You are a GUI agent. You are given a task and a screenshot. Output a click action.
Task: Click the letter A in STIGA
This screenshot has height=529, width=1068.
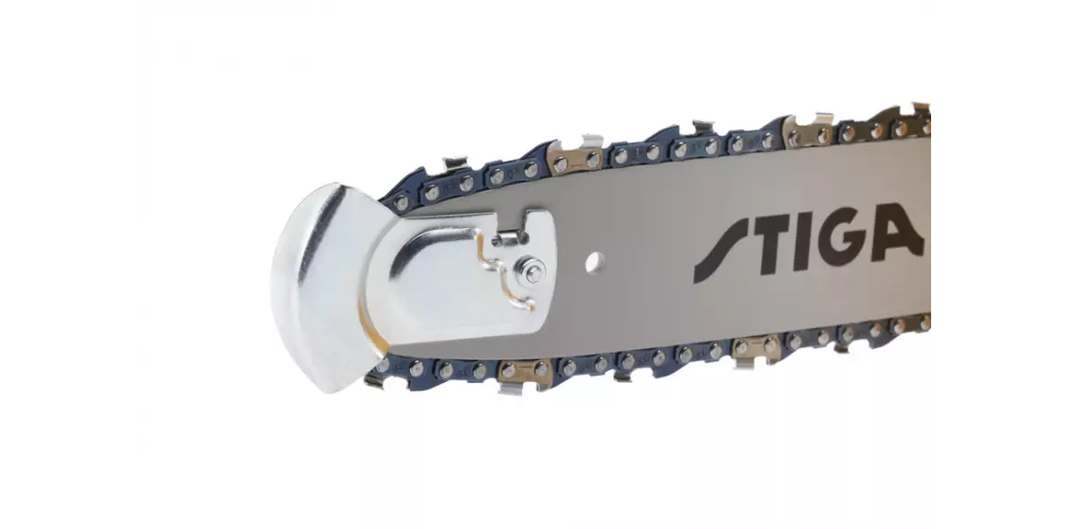[895, 232]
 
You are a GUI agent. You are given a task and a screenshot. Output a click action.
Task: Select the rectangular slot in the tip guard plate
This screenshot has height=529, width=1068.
[508, 237]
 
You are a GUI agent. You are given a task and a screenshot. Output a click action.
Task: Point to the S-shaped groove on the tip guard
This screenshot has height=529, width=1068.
[505, 278]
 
